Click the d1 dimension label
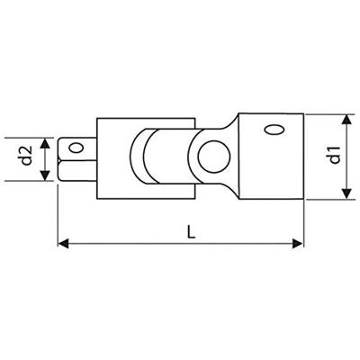point(334,155)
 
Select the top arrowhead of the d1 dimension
point(346,118)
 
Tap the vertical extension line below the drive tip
point(58,211)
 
